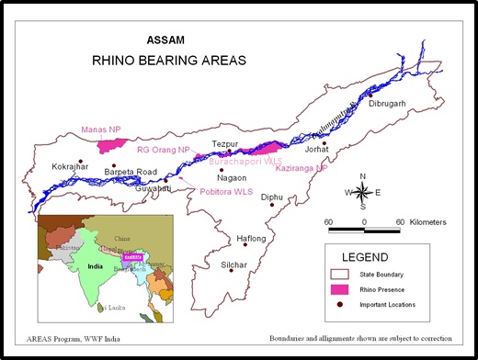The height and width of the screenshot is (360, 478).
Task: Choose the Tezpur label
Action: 225,144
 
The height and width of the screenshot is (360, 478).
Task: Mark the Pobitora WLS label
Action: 226,192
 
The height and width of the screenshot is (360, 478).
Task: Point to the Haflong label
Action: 251,239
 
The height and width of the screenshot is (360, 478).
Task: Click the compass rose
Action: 363,192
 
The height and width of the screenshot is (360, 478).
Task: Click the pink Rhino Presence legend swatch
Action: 343,289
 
